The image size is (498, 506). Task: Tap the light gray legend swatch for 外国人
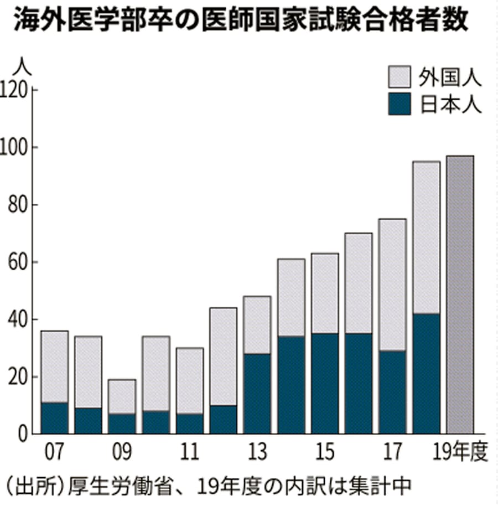tap(399, 78)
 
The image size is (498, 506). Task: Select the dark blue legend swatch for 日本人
tap(399, 104)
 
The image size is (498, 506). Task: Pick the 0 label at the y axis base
tap(24, 434)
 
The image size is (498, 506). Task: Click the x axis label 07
tap(54, 452)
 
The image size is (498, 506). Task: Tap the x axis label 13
tap(257, 452)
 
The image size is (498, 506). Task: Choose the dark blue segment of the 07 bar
tap(55, 418)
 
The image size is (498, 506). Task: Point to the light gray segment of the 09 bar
tap(122, 396)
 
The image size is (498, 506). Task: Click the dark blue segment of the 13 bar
tap(257, 394)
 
